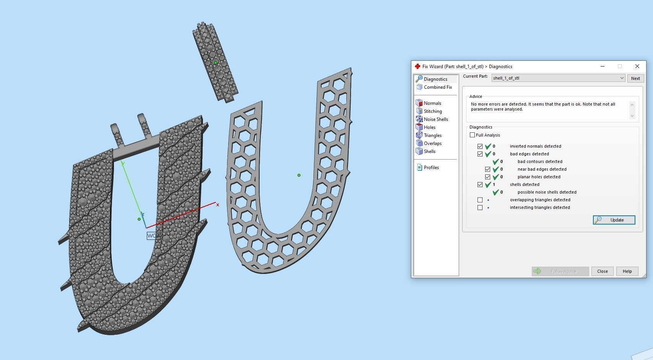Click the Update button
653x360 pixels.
pyautogui.click(x=614, y=220)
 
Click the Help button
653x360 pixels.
pyautogui.click(x=627, y=271)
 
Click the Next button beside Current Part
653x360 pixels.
pyautogui.click(x=635, y=78)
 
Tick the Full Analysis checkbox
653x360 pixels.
pyautogui.click(x=473, y=135)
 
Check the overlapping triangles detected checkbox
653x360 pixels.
pyautogui.click(x=480, y=200)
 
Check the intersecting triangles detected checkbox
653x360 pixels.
pyautogui.click(x=480, y=207)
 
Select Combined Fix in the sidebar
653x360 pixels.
pyautogui.click(x=437, y=87)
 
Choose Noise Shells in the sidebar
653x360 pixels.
pyautogui.click(x=435, y=119)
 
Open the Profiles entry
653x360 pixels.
pyautogui.click(x=431, y=168)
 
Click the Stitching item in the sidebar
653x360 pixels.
pyautogui.click(x=432, y=111)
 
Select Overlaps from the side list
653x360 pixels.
pyautogui.click(x=432, y=143)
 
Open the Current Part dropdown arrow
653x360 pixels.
pyautogui.click(x=622, y=78)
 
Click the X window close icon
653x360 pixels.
pyautogui.click(x=637, y=67)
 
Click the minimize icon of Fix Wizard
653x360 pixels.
pyautogui.click(x=603, y=67)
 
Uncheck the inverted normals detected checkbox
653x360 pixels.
pyautogui.click(x=480, y=146)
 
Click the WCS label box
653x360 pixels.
pyautogui.click(x=153, y=236)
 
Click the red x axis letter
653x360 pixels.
pyautogui.click(x=218, y=205)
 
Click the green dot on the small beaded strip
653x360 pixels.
pyautogui.click(x=216, y=63)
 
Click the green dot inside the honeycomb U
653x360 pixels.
pyautogui.click(x=299, y=175)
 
